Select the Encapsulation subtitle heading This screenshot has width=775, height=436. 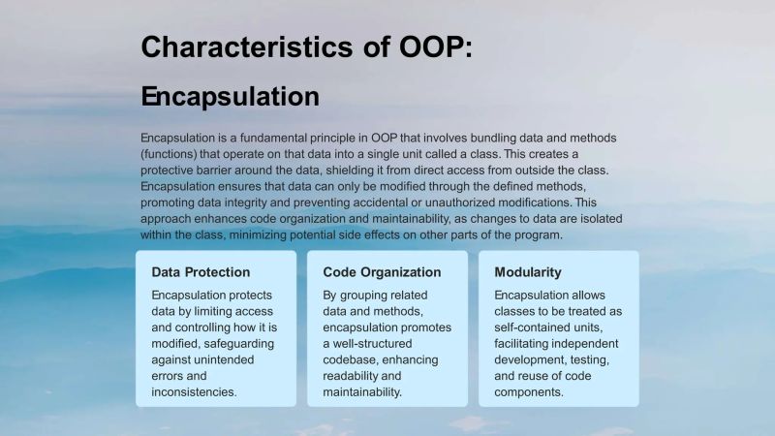point(230,97)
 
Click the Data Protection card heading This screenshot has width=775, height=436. point(201,272)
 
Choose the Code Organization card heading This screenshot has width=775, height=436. point(382,272)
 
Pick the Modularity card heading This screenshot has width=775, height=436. point(527,272)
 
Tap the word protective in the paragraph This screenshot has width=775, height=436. point(173,171)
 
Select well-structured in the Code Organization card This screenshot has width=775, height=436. point(374,343)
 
